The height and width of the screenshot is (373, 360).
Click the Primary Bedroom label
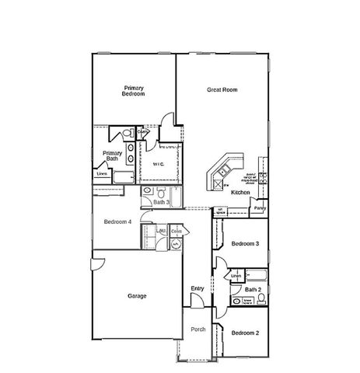click(134, 91)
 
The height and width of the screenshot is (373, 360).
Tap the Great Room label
click(222, 90)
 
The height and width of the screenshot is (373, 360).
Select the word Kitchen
click(240, 192)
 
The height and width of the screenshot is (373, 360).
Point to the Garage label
click(138, 295)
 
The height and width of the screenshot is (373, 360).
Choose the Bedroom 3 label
click(245, 244)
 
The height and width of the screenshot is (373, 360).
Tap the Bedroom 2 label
click(245, 333)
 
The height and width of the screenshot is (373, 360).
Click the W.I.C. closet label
click(158, 164)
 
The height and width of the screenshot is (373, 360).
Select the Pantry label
click(260, 207)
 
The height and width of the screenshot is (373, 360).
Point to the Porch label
click(198, 329)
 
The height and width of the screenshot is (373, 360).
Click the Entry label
click(197, 289)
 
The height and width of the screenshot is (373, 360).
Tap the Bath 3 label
click(161, 202)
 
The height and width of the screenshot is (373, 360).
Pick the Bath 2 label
click(252, 289)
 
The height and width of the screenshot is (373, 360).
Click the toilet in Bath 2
click(234, 299)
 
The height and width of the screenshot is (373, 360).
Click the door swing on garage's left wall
click(95, 263)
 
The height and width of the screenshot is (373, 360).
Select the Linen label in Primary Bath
click(102, 174)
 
